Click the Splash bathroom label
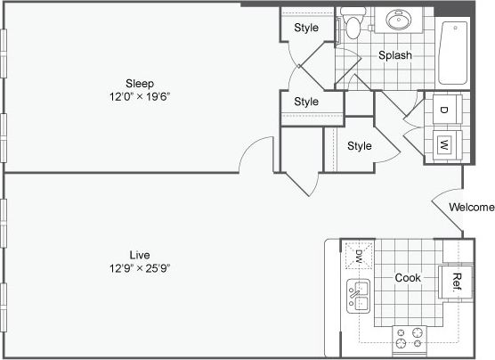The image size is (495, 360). pos(395,55)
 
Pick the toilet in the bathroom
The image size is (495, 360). pos(353,25)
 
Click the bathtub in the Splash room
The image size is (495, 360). pos(453,53)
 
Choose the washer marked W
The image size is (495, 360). pos(443,143)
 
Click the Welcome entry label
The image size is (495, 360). pos(471,208)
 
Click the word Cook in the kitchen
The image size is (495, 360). pos(408,278)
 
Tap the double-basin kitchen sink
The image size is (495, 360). pos(359,296)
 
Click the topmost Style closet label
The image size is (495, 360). pos(306,29)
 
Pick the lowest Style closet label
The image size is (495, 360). pos(360,146)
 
